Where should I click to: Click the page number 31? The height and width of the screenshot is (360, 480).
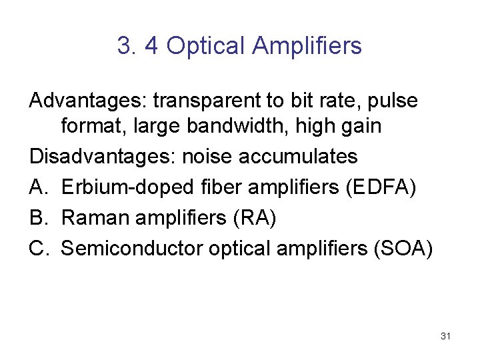446,336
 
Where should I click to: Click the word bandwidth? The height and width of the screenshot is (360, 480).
221,126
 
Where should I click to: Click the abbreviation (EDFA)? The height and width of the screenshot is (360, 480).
381,187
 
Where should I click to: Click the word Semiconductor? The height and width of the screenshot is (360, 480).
132,249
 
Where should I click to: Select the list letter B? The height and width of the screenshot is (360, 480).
37,218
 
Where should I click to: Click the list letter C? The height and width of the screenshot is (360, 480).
37,249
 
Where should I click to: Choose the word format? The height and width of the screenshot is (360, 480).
88,126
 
